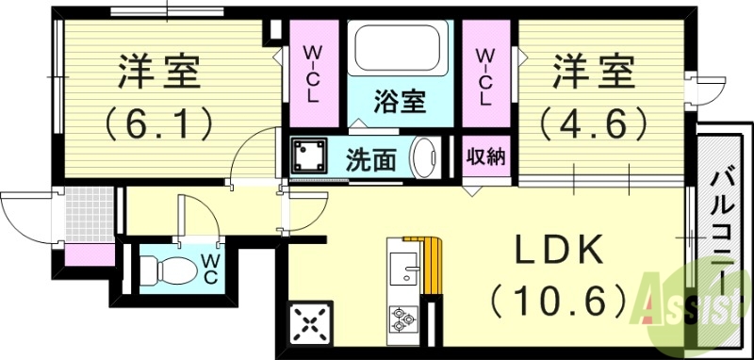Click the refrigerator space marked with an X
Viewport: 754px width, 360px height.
(310, 323)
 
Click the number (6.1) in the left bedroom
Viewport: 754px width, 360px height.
(158, 122)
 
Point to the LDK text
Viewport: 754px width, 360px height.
(555, 254)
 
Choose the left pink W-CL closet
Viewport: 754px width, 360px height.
(312, 75)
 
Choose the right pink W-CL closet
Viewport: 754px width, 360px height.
(485, 75)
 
